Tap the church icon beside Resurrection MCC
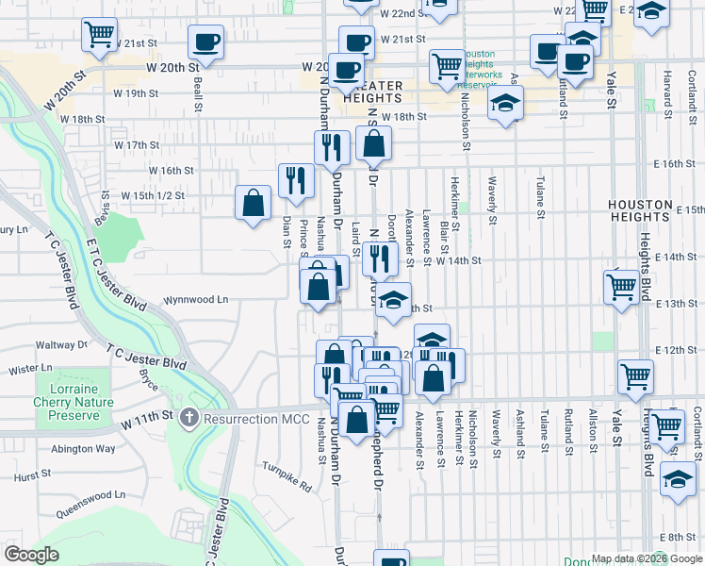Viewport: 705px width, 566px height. tap(189, 416)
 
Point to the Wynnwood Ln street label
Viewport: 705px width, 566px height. tap(196, 300)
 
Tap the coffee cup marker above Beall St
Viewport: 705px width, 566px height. tap(205, 42)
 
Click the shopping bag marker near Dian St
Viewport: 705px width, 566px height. tap(254, 203)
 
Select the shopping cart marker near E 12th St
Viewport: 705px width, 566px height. tap(635, 377)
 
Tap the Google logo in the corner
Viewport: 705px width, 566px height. tap(31, 555)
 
